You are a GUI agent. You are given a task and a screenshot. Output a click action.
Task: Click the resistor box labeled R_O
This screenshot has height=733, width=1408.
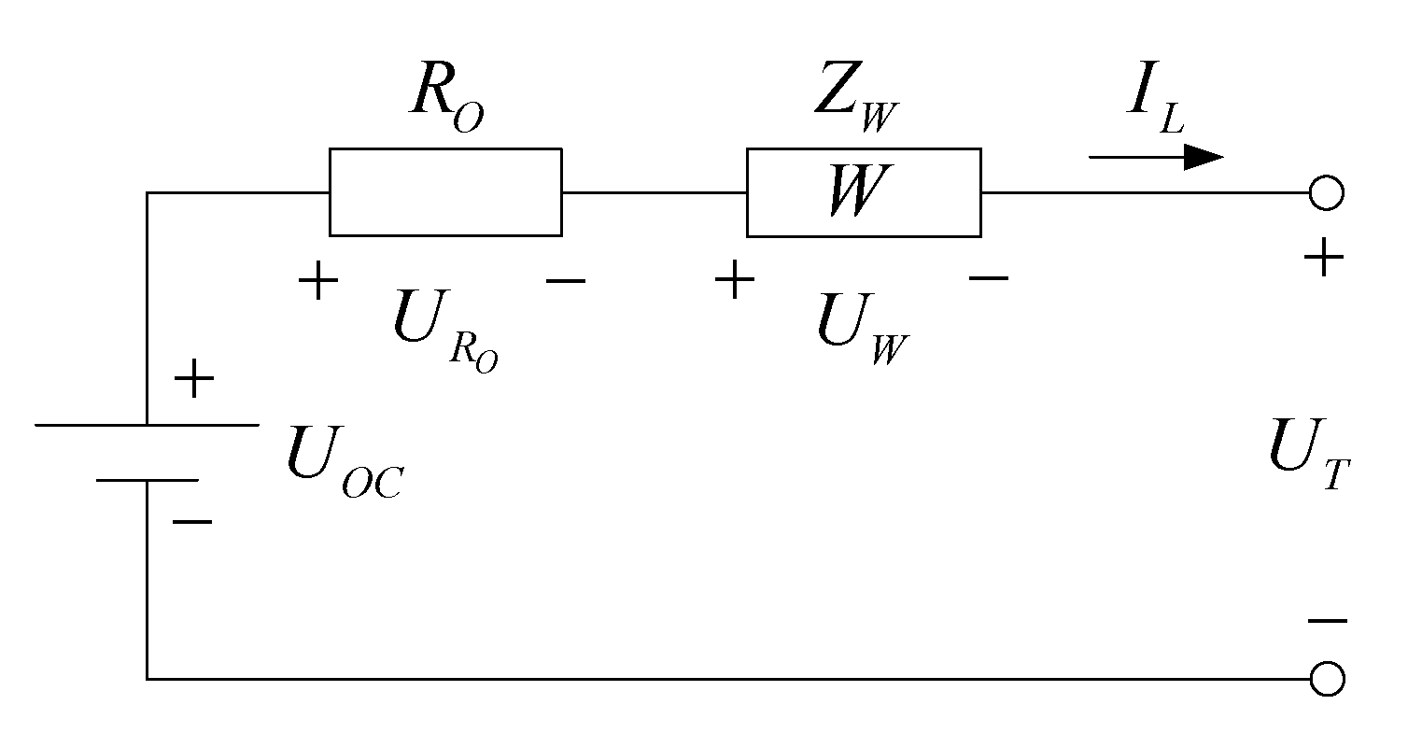pyautogui.click(x=444, y=191)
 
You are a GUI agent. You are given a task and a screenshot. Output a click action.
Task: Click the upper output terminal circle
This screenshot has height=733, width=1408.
pyautogui.click(x=1327, y=193)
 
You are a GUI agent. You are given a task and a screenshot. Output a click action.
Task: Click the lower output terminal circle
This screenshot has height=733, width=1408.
pyautogui.click(x=1327, y=679)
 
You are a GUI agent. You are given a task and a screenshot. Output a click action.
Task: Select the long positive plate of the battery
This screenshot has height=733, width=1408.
pyautogui.click(x=147, y=425)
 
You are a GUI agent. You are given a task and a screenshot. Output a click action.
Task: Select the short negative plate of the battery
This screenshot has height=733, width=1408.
pyautogui.click(x=147, y=480)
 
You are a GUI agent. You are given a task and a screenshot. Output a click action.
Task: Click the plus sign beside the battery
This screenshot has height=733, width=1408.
pyautogui.click(x=194, y=380)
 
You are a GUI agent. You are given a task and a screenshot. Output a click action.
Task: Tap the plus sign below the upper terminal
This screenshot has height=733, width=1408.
pyautogui.click(x=1324, y=258)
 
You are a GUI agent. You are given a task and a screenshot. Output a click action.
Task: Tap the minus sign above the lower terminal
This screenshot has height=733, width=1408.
pyautogui.click(x=1327, y=621)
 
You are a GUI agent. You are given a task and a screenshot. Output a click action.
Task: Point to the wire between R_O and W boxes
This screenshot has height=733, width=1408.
pyautogui.click(x=654, y=193)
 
